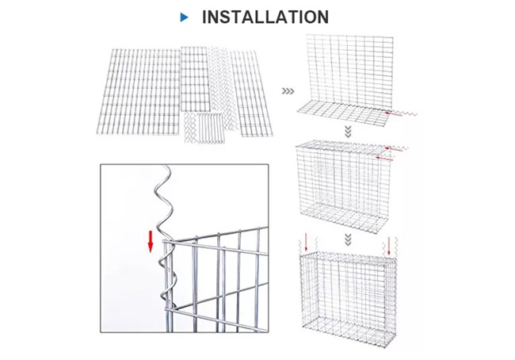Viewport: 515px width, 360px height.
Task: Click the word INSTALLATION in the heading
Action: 265,17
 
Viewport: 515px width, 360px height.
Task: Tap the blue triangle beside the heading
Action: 185,17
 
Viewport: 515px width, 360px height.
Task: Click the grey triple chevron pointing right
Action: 288,91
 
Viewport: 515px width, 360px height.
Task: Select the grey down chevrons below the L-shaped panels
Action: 348,132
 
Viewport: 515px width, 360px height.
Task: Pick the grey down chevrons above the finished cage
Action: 348,239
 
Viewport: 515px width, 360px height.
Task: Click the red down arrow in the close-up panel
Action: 151,242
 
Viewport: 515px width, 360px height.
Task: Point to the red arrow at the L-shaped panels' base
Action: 394,114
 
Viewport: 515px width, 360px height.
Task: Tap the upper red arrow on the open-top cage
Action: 394,149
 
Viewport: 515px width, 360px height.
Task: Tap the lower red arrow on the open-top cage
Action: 384,159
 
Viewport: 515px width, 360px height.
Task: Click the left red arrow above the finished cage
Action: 306,243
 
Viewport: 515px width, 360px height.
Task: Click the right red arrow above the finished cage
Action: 389,245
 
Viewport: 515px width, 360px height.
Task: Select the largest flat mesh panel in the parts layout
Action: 139,91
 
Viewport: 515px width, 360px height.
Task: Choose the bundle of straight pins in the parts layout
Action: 210,128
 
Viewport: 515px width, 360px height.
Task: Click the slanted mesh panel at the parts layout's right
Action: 251,94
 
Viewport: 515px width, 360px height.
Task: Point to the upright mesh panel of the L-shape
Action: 350,71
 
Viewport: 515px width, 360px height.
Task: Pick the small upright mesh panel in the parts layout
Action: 195,79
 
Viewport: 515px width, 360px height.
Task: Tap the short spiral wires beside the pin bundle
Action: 189,128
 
